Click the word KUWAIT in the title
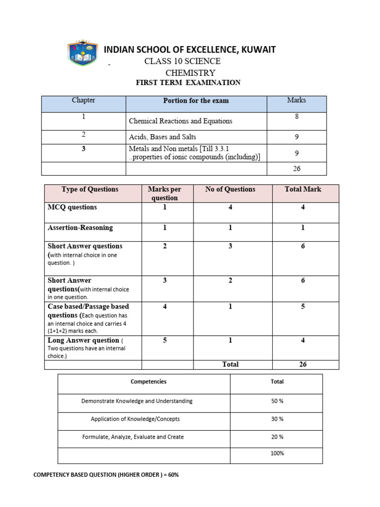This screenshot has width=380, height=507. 258,50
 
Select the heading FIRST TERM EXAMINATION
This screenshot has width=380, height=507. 188,83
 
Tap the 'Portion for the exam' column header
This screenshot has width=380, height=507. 196,101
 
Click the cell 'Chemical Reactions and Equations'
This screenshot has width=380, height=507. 180,121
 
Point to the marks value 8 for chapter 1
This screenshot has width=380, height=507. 296,117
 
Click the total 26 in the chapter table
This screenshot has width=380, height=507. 296,168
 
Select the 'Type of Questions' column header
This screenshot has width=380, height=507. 90,189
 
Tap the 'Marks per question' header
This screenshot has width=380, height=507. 165,193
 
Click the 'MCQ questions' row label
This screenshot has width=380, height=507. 72,207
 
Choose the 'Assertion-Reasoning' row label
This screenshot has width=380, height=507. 80,228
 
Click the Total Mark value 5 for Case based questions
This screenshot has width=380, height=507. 303,306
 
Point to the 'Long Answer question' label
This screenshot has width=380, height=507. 84,340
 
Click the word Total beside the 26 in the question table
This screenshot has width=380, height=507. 230,364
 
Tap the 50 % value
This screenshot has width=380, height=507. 277,401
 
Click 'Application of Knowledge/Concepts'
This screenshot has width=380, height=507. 135,419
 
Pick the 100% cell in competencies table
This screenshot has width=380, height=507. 277,453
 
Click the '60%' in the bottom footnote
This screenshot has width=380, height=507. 171,475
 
